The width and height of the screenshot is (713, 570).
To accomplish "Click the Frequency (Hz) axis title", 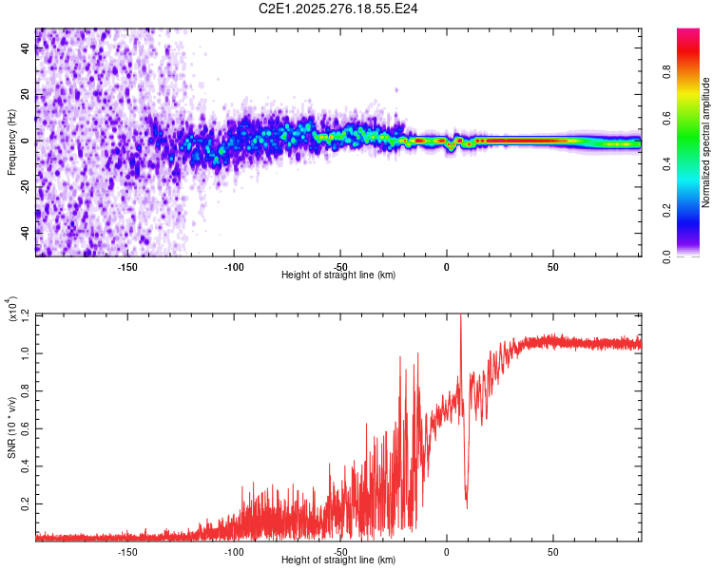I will pyautogui.click(x=11, y=142).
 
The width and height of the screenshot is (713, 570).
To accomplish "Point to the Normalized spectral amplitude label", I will pyautogui.click(x=706, y=142).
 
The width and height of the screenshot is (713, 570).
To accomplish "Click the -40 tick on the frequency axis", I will pyautogui.click(x=26, y=232).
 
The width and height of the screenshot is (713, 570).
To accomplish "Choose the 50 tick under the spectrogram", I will pyautogui.click(x=553, y=266).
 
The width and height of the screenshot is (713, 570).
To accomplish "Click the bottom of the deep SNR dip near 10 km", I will pyautogui.click(x=466, y=505).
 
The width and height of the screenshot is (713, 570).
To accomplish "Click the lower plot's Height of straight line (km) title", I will pyautogui.click(x=338, y=560).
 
